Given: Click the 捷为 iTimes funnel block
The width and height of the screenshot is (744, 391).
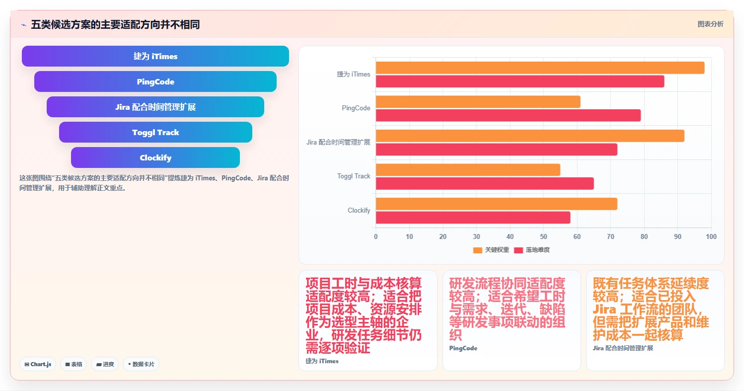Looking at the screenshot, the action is (155, 56).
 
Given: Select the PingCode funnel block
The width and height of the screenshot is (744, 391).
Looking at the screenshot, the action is (155, 81).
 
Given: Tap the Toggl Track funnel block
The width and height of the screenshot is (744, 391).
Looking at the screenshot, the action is (155, 132).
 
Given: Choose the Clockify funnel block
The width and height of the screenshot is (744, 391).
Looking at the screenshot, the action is (155, 157).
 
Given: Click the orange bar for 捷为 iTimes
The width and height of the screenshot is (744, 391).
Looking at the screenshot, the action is (540, 68).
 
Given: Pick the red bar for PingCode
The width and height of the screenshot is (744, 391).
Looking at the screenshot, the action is (508, 115).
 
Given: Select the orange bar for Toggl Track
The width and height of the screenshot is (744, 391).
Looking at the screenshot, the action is (468, 170).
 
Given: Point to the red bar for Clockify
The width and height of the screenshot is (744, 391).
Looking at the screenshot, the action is (473, 218).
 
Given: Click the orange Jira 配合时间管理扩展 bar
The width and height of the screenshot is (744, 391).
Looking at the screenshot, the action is (530, 136).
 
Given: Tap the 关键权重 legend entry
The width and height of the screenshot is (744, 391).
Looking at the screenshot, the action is (491, 250).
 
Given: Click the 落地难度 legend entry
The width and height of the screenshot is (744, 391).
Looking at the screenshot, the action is (532, 250).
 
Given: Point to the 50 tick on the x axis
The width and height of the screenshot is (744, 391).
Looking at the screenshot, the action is (543, 236).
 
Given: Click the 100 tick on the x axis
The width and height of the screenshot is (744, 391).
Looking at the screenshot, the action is (711, 236).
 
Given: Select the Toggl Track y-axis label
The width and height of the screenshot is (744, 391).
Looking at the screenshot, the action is (354, 176).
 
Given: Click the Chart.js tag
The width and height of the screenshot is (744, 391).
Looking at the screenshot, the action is (38, 364).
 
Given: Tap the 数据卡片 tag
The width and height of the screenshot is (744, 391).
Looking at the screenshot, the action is (141, 364).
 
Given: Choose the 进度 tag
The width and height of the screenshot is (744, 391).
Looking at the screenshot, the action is (105, 364).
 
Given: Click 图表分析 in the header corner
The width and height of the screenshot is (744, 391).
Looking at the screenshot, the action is (710, 24).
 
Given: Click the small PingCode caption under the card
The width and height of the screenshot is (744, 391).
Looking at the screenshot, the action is (463, 348).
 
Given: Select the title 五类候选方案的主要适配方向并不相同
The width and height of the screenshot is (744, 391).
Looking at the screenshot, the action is (115, 24).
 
